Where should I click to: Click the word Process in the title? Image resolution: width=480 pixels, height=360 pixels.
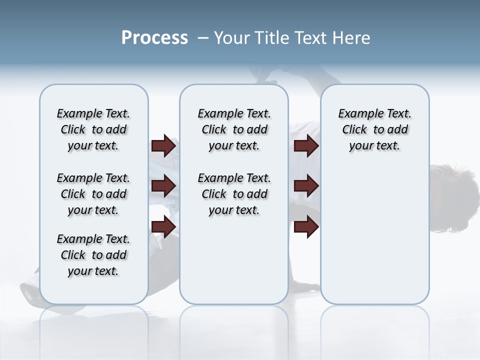[x=154, y=37]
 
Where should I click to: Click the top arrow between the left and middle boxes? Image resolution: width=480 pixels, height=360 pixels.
[x=163, y=146]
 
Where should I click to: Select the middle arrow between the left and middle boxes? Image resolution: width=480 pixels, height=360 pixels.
[x=163, y=186]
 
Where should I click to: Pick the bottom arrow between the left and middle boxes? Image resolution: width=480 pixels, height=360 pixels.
[x=163, y=226]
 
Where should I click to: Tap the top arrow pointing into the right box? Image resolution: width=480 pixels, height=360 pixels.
[x=306, y=146]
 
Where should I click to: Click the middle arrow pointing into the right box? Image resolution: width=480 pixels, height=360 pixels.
[x=306, y=186]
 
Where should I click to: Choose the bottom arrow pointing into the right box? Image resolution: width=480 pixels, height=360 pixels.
[x=306, y=226]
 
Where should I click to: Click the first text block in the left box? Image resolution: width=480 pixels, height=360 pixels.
[x=93, y=129]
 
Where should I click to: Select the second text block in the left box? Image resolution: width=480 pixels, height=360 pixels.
[x=93, y=194]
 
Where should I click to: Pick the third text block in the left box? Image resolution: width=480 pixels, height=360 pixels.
[x=93, y=255]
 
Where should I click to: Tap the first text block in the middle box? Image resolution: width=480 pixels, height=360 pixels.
[x=234, y=129]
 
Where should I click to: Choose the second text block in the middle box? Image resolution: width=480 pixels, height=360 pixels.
[x=234, y=194]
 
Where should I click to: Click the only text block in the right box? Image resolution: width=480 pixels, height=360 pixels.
[x=374, y=129]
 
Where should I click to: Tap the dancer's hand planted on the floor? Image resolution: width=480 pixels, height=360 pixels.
[x=305, y=286]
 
